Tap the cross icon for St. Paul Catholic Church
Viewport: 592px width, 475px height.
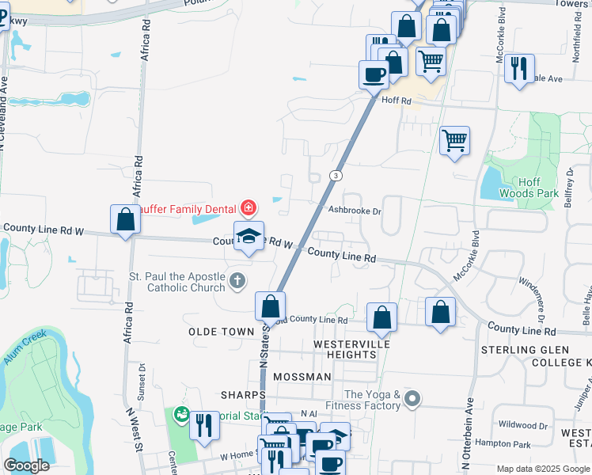click(x=237, y=280)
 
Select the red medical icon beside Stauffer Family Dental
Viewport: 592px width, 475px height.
click(x=249, y=208)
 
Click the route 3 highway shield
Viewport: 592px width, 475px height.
click(x=336, y=175)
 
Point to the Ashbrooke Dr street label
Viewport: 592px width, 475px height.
click(x=355, y=211)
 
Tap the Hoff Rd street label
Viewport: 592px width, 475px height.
click(x=397, y=101)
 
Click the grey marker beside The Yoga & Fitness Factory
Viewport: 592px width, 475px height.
click(x=411, y=399)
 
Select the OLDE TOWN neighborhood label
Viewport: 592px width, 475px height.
click(x=222, y=332)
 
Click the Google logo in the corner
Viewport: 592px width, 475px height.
click(x=26, y=465)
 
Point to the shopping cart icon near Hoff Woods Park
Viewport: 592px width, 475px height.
click(x=454, y=141)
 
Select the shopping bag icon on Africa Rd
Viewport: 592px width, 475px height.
click(x=126, y=219)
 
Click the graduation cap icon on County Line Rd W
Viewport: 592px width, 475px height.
click(x=249, y=235)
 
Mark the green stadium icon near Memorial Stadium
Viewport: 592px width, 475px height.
click(x=181, y=414)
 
